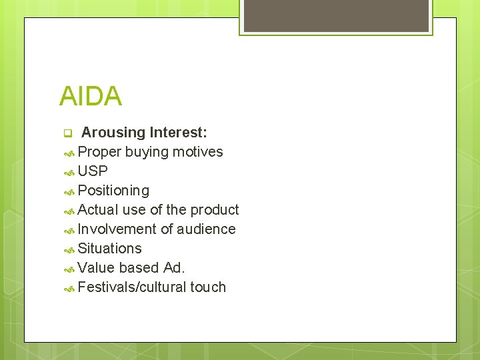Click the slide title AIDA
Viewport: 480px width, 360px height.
[x=91, y=97]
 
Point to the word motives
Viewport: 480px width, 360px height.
[x=197, y=152]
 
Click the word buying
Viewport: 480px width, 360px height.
[x=147, y=152]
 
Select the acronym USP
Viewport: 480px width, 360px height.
[x=93, y=171]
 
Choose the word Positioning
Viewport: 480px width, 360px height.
[x=113, y=191]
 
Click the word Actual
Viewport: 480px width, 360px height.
[x=98, y=210]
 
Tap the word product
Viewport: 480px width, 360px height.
[x=214, y=210]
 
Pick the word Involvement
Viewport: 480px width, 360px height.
[x=119, y=229]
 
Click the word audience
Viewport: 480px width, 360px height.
[x=206, y=229]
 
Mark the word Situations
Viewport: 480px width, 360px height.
[x=109, y=249]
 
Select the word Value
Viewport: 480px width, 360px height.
[x=96, y=268]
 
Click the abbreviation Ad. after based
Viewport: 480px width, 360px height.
[x=174, y=268]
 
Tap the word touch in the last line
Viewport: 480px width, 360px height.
[x=208, y=287]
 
